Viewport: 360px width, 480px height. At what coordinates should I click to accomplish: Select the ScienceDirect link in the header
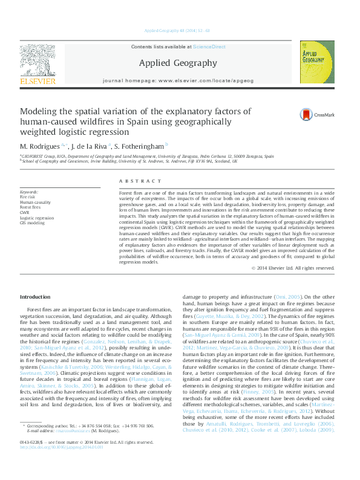pos(209,47)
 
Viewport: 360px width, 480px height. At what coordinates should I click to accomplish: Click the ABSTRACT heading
pos(133,181)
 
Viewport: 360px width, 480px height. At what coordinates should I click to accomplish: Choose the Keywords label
pos(30,192)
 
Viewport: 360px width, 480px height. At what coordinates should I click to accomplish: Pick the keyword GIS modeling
pos(32,223)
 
